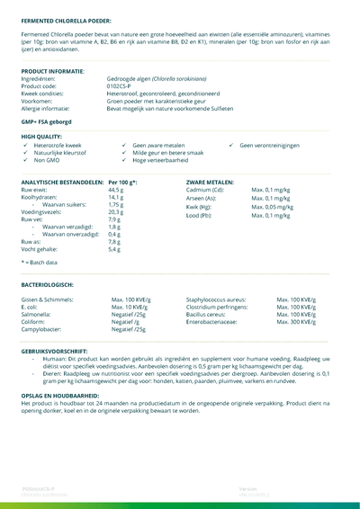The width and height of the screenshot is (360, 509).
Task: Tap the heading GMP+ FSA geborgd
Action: [x=46, y=121]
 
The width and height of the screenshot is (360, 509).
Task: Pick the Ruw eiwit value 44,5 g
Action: [x=116, y=191]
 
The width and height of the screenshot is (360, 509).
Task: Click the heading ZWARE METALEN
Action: [x=211, y=183]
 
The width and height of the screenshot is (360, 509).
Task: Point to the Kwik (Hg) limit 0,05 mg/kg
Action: [x=272, y=207]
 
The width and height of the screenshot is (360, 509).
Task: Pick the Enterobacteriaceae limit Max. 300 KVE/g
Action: [x=296, y=322]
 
